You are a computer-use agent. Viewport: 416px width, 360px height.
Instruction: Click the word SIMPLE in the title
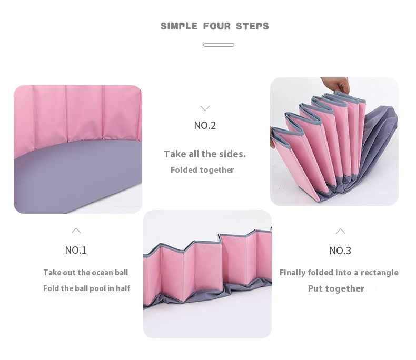(179, 26)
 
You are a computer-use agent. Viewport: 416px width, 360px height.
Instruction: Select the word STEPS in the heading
(252, 26)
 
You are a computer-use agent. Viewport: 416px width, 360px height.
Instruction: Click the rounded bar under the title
(219, 45)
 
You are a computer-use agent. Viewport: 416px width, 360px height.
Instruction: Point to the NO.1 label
(76, 250)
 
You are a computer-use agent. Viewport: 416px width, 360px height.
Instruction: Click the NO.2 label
(205, 125)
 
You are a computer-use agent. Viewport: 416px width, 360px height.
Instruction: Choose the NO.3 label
(340, 251)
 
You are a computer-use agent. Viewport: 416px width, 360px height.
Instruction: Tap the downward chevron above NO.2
(205, 108)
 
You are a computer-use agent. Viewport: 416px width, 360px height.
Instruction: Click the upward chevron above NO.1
(76, 230)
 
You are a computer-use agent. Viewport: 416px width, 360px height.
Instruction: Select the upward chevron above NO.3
(340, 231)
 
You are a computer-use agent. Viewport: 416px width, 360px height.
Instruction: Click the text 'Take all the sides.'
(205, 154)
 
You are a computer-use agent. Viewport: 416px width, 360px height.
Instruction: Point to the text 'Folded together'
(202, 170)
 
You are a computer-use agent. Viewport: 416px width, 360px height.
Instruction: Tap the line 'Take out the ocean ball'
(86, 273)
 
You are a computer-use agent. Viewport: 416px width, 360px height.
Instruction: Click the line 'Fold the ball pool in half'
(86, 288)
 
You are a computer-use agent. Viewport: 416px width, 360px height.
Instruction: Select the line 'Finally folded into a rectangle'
(339, 273)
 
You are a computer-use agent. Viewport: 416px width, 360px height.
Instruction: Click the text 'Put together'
(336, 289)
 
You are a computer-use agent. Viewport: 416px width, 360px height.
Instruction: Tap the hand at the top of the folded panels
(337, 84)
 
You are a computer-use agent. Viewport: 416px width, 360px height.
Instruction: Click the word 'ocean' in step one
(102, 273)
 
